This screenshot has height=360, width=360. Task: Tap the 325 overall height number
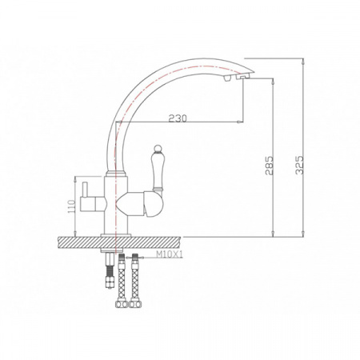click(x=302, y=165)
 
